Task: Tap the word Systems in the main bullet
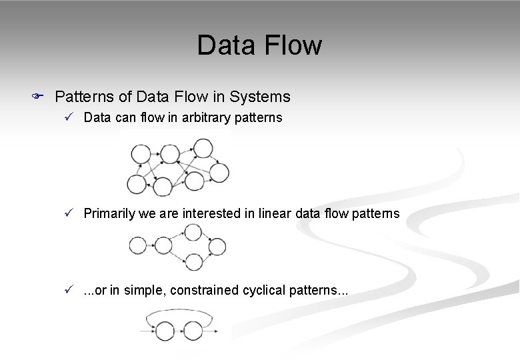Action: tap(260, 97)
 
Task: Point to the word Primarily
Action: tap(109, 213)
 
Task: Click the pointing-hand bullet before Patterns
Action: tap(38, 97)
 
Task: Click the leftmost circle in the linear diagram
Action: tap(137, 246)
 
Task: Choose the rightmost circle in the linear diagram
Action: tap(217, 247)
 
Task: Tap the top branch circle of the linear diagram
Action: tap(193, 233)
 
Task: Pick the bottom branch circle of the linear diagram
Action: tap(193, 261)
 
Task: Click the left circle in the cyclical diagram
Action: tap(166, 330)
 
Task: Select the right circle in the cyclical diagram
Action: tap(193, 330)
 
